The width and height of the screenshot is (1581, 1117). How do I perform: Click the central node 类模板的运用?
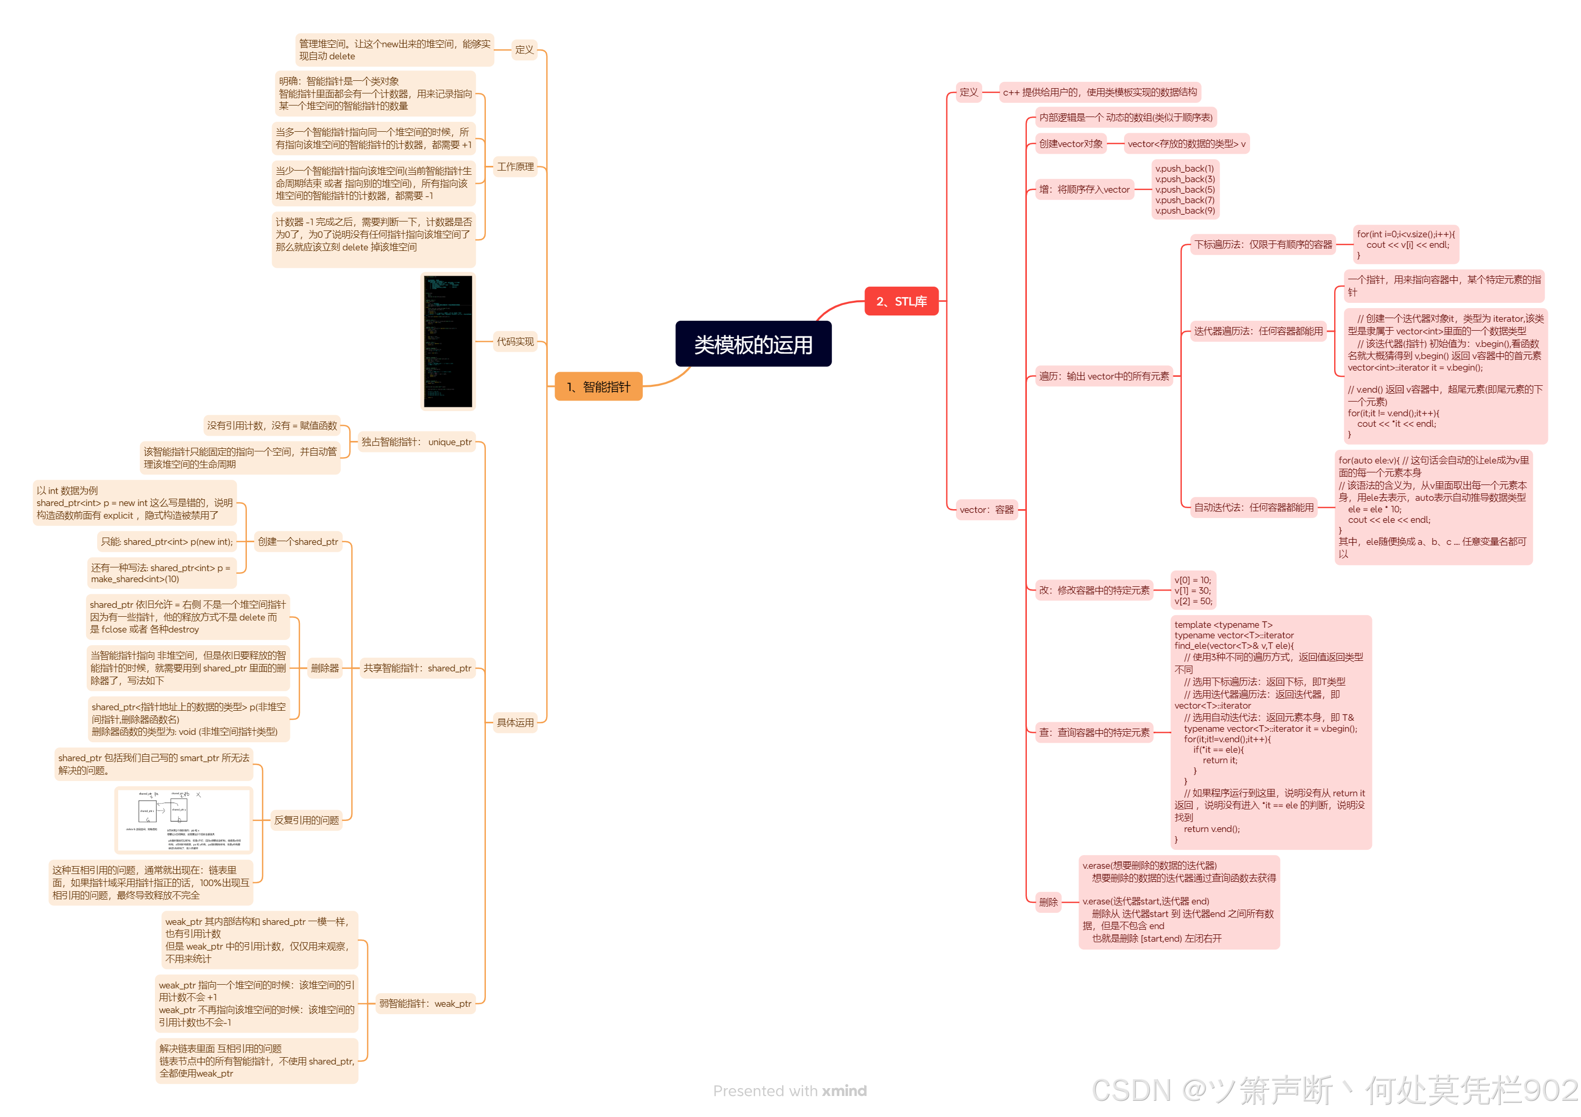(x=753, y=344)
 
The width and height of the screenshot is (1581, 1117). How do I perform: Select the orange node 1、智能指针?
(x=598, y=387)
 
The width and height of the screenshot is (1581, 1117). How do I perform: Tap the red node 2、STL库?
(x=901, y=301)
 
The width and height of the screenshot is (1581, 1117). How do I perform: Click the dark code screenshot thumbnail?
(x=448, y=341)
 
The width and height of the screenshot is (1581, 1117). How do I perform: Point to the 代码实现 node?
(x=515, y=341)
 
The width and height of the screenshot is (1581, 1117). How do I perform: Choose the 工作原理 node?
(x=515, y=166)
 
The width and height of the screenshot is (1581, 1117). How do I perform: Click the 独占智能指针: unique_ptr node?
(x=416, y=442)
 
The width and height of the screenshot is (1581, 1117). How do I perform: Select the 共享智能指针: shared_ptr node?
(x=417, y=668)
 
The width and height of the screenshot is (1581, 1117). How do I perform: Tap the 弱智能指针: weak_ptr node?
(x=425, y=1004)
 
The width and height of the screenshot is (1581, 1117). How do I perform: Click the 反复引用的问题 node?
(x=306, y=820)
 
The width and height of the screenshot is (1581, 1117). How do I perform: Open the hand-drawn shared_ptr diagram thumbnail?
(x=183, y=820)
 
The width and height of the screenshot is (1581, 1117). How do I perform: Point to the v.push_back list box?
(x=1184, y=189)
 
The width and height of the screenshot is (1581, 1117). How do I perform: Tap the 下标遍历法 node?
(x=1262, y=244)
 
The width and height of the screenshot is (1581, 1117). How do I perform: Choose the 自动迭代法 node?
(x=1253, y=507)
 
